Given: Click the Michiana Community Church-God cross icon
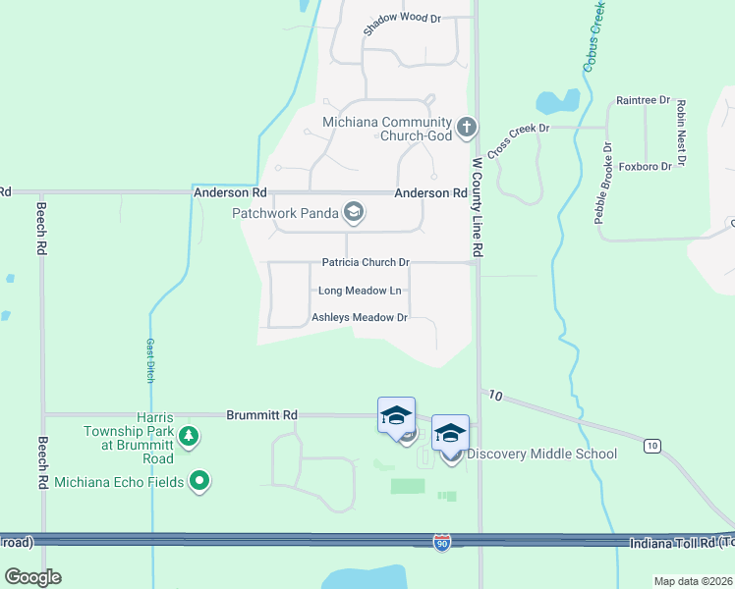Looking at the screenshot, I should tap(466, 128).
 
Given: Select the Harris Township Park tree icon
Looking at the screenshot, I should tap(188, 436).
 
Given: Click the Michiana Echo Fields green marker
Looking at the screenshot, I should tap(200, 480).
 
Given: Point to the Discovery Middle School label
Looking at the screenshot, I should tap(541, 454).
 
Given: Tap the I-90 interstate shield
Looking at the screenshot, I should tap(442, 542).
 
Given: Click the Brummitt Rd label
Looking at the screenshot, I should tap(261, 415).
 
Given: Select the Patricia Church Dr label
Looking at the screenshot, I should tap(365, 263).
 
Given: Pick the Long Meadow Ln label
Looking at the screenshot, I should tap(360, 291).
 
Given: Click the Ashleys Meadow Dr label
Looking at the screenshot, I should tap(359, 317).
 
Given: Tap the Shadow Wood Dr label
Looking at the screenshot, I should tap(402, 24).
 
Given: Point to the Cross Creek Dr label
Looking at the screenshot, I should tap(517, 139).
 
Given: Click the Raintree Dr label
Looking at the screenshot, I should tap(643, 100).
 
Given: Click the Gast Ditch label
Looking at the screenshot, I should tap(150, 359).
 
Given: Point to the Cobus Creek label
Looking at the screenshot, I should tap(592, 36).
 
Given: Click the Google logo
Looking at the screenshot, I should tap(33, 576).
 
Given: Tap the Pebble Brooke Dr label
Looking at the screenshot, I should tap(602, 184).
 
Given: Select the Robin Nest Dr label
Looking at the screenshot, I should tap(679, 132).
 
